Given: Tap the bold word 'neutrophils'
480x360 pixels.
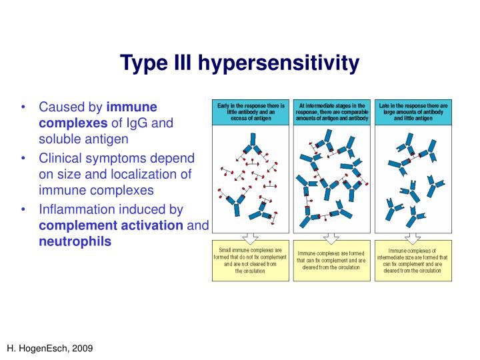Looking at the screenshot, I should click(x=75, y=241).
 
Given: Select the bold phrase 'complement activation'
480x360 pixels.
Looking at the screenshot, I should click(x=111, y=225).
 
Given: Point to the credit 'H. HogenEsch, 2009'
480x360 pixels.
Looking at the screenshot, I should click(x=51, y=348).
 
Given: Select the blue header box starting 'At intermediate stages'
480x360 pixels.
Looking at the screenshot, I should click(x=331, y=112).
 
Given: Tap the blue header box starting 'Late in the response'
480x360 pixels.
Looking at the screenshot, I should click(x=413, y=112).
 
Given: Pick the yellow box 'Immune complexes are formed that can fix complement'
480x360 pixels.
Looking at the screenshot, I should click(x=331, y=260).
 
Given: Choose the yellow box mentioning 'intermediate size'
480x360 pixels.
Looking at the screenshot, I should click(x=413, y=260).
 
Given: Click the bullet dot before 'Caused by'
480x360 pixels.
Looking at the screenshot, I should click(x=24, y=107).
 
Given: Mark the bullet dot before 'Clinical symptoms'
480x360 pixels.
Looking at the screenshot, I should click(x=24, y=158).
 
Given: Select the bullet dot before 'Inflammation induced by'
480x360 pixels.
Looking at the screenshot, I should click(x=24, y=209).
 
